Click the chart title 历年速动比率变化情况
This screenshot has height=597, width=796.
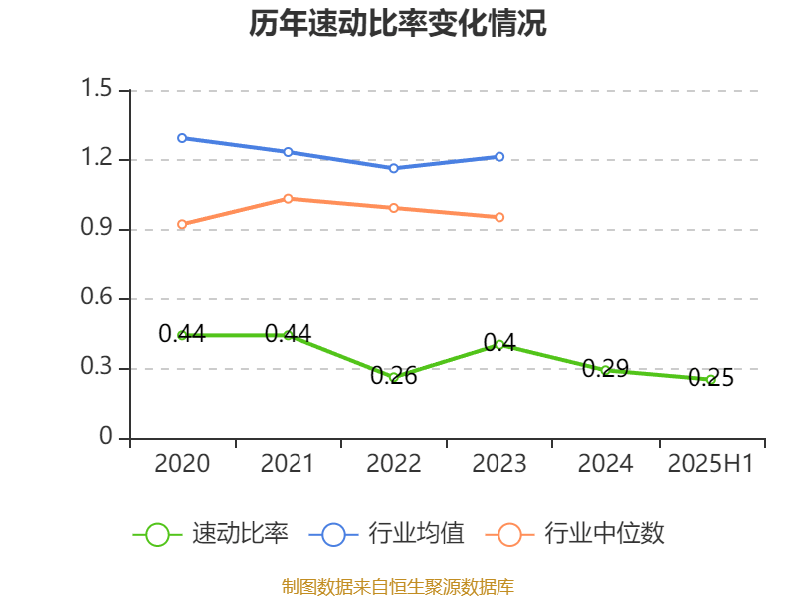pos(398,24)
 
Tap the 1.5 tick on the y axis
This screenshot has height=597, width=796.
pos(99,90)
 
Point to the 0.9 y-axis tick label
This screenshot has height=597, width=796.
pos(99,229)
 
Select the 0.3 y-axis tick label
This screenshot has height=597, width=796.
pos(99,368)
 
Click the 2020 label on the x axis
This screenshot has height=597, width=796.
pos(182,464)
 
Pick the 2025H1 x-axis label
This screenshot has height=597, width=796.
pos(710,464)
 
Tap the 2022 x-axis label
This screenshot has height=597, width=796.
pos(393,464)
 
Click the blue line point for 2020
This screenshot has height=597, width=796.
pos(182,138)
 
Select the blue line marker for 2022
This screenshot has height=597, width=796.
pos(394,168)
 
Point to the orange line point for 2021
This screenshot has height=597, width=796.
pos(288,198)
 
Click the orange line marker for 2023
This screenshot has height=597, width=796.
pos(499,217)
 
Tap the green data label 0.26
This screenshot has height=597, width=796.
pos(394,376)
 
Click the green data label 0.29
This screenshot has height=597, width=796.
pos(605,369)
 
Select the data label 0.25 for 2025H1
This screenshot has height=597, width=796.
pos(710,378)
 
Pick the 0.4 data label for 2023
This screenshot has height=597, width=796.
pos(499,343)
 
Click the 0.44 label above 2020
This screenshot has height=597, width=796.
pos(182,334)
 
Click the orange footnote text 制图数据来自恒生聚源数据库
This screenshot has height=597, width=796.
pos(398,586)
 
